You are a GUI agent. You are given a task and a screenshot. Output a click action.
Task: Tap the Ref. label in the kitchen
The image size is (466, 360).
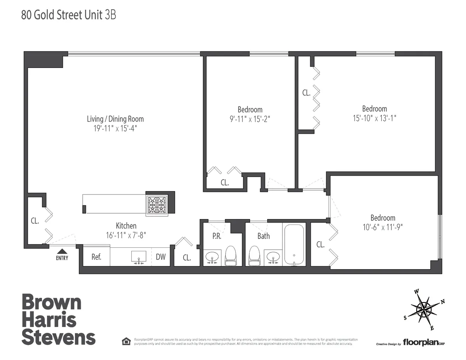click(96, 257)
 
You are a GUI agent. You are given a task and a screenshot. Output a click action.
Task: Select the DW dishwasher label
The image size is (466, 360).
click(160, 257)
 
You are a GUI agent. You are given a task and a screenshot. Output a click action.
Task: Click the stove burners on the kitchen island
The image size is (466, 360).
click(157, 204)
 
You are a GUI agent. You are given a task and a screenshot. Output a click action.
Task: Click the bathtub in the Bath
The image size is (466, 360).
click(294, 245)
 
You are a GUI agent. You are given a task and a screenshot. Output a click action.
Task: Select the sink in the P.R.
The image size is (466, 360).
click(212, 257)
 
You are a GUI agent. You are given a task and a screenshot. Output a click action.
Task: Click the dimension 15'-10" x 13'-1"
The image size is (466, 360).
click(374, 118)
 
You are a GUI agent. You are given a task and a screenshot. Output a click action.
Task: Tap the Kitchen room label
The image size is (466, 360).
click(126, 226)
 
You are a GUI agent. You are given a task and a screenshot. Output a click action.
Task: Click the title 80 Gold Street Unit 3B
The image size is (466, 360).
click(68, 15)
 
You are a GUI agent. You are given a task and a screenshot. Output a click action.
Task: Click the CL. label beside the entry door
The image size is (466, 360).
click(35, 221)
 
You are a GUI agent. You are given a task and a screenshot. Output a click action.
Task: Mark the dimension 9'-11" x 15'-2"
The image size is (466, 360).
click(250, 118)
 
